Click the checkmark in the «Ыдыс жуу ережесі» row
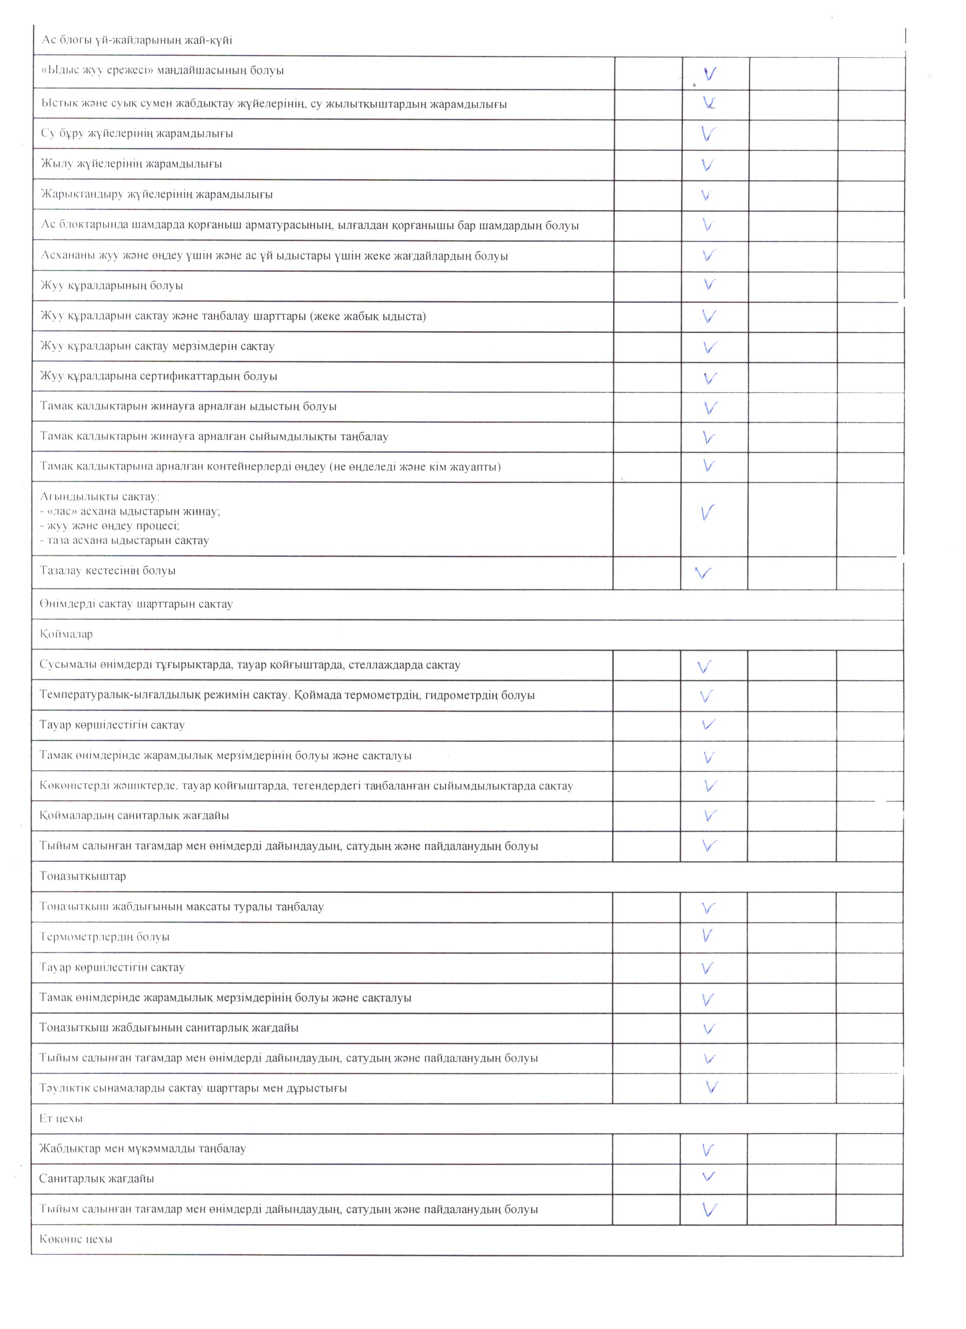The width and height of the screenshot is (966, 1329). tap(710, 74)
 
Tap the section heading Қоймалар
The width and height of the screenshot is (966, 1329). tap(66, 634)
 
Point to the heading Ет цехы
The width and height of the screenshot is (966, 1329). tap(61, 1118)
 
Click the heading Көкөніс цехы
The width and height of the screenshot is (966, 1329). tap(76, 1239)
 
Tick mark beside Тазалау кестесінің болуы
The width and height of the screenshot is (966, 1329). tap(703, 572)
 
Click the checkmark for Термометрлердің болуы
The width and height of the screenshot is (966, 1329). tap(707, 936)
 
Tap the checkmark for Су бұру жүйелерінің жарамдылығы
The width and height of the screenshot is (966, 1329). tap(708, 134)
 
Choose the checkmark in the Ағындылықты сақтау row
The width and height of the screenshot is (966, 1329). tap(708, 513)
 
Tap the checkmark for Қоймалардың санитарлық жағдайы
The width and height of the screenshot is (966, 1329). tap(709, 815)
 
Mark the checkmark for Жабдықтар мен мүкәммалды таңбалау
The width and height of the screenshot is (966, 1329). tap(708, 1150)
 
